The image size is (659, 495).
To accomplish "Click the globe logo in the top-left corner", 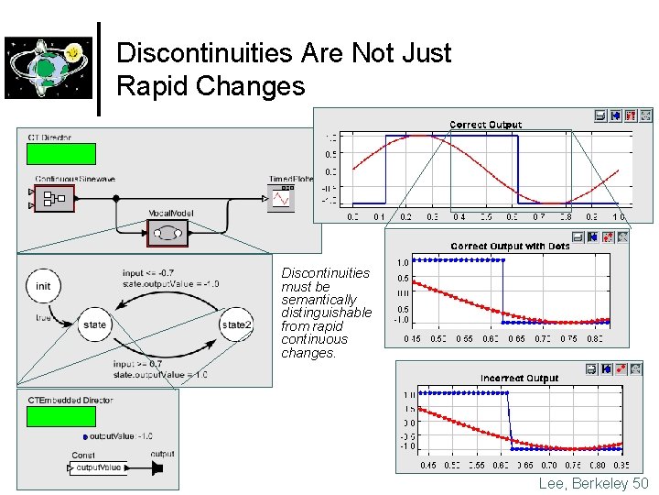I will (49, 67).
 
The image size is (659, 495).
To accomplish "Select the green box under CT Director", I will (61, 153).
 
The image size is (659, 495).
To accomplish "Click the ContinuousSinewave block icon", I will (54, 197).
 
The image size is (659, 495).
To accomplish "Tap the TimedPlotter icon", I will (281, 197).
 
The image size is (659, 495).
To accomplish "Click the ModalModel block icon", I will (167, 234).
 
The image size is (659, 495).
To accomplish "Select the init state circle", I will (43, 286).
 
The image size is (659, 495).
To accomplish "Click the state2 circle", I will (235, 324).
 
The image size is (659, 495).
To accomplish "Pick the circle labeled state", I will (94, 324).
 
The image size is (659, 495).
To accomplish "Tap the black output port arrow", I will (157, 468).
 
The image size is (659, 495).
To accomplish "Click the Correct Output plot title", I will (485, 125).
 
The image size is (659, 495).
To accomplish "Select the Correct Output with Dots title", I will (510, 246).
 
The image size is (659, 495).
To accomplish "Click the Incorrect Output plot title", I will (519, 378).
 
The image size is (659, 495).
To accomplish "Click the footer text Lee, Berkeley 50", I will (593, 483).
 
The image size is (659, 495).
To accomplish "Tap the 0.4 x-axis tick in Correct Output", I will (459, 217).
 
